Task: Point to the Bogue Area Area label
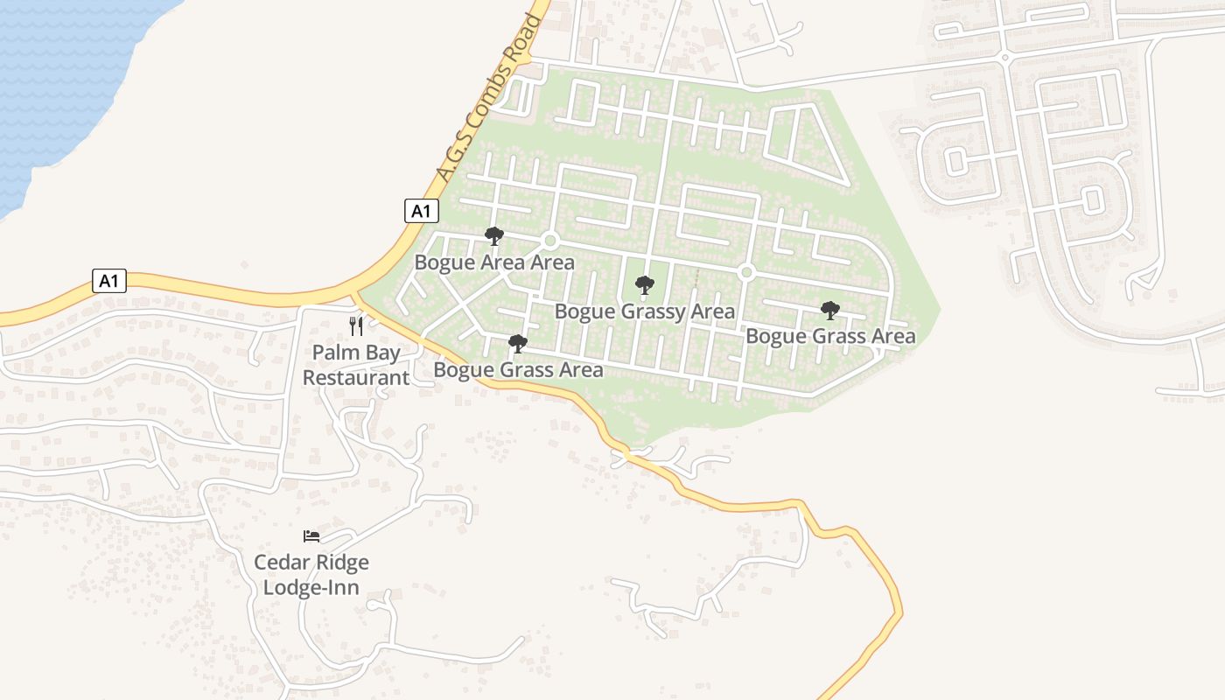[494, 262]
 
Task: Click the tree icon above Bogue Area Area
[494, 236]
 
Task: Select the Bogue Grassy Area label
[645, 311]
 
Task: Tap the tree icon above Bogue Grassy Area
[645, 285]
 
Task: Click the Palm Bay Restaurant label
[356, 366]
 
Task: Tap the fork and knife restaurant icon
[356, 326]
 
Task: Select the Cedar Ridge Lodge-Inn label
[311, 574]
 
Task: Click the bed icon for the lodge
[311, 535]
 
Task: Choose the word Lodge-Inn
[311, 587]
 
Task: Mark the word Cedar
[281, 562]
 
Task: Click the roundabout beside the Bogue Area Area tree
[550, 241]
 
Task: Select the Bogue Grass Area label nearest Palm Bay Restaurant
[518, 370]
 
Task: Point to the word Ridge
[341, 562]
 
